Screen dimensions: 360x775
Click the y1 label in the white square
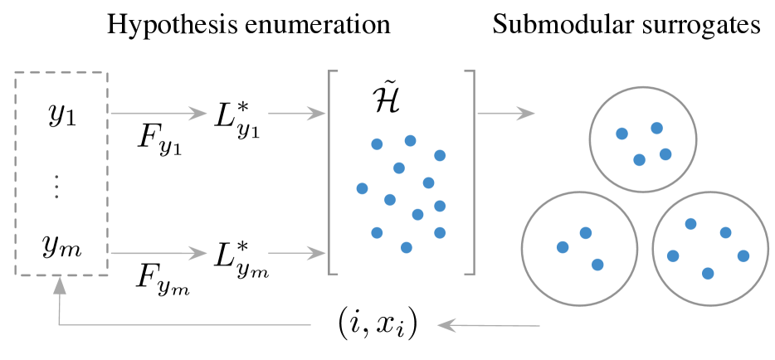pyautogui.click(x=61, y=115)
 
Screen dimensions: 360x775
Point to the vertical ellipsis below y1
pyautogui.click(x=56, y=187)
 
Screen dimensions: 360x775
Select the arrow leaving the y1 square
pyautogui.click(x=158, y=114)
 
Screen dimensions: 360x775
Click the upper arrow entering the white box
pyautogui.click(x=297, y=114)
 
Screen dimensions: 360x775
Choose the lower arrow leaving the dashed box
pyautogui.click(x=158, y=253)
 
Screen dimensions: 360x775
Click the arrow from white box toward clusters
pyautogui.click(x=506, y=113)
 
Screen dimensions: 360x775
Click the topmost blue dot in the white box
pyautogui.click(x=410, y=140)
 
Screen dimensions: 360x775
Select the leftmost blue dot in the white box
pyautogui.click(x=362, y=188)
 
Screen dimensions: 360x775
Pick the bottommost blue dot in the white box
pyautogui.click(x=406, y=247)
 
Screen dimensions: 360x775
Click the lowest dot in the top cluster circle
pyautogui.click(x=639, y=160)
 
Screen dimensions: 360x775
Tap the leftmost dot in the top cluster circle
pyautogui.click(x=621, y=133)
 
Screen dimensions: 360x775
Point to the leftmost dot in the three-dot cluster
pyautogui.click(x=563, y=247)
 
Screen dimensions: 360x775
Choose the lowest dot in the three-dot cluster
pyautogui.click(x=597, y=265)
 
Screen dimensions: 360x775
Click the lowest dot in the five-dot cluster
pyautogui.click(x=707, y=273)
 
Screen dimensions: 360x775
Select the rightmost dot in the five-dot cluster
pyautogui.click(x=743, y=255)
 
